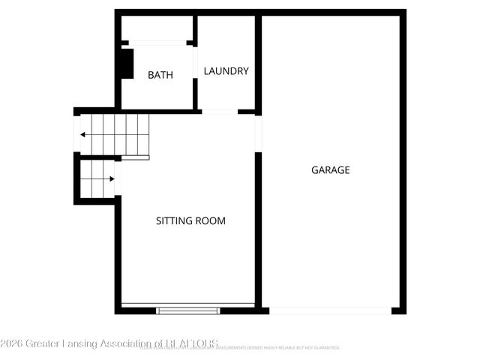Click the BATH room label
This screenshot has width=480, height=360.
tap(160, 75)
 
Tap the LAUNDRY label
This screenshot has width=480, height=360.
tap(226, 71)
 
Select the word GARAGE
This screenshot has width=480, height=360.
tap(331, 170)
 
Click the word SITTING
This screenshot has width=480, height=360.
tap(173, 221)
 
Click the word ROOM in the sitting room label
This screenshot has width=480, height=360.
tap(211, 221)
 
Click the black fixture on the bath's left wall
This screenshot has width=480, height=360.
tap(127, 64)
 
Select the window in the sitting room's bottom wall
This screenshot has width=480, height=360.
tap(188, 309)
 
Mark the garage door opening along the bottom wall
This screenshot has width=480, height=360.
tap(330, 310)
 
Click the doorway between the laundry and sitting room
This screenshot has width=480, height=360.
tap(220, 112)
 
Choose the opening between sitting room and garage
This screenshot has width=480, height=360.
tap(258, 133)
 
